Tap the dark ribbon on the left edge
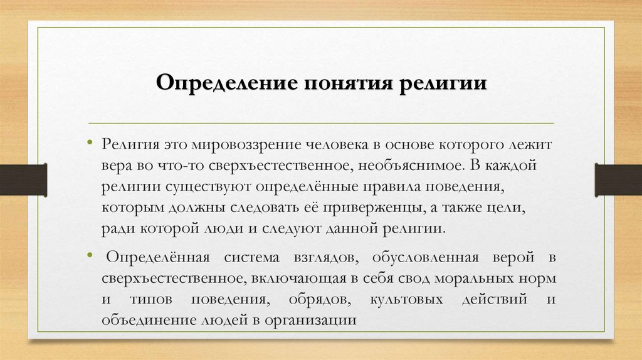23,179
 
